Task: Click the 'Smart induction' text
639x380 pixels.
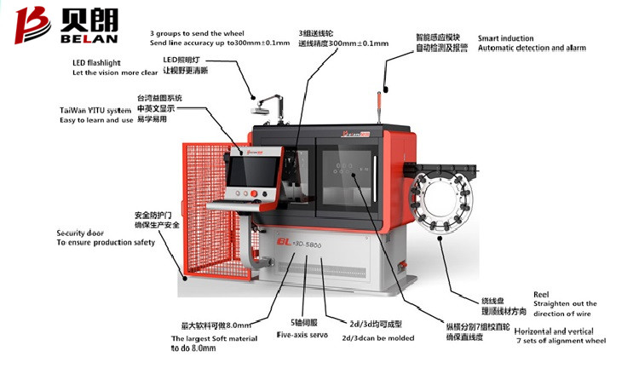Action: pos(505,38)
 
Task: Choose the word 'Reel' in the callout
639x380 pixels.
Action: pos(541,294)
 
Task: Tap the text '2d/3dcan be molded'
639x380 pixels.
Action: pos(377,337)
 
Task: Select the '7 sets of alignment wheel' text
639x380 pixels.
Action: pos(561,341)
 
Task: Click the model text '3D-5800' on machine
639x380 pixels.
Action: pos(310,243)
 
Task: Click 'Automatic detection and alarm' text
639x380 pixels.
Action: pos(532,48)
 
